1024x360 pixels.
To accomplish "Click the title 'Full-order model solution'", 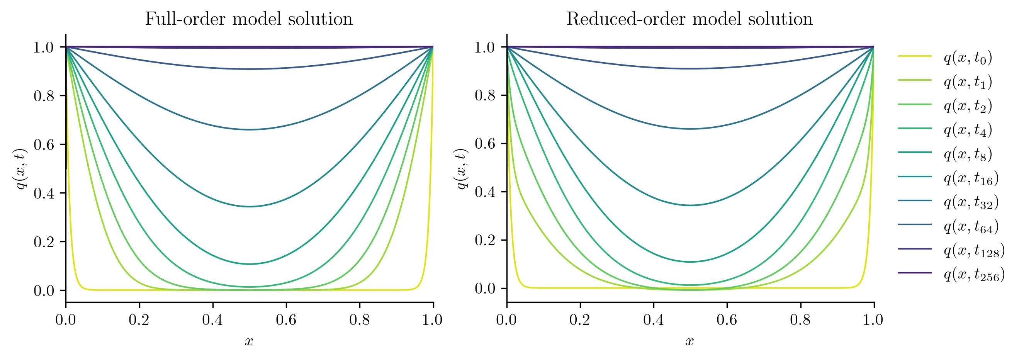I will coord(248,19).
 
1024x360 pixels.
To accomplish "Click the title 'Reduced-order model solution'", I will coord(689,19).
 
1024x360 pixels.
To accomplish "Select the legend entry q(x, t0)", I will coord(968,58).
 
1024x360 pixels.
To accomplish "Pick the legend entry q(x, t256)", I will coord(974,274).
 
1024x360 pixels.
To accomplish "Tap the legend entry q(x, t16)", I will coord(971,178).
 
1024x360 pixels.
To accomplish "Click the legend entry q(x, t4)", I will coord(968,129).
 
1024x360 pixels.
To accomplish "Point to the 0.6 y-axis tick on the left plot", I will coord(44,144).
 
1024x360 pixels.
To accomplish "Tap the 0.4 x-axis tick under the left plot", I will coord(212,319).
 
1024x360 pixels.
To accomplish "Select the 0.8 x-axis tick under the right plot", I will coord(800,319).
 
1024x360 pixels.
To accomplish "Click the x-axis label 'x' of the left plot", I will coord(249,341).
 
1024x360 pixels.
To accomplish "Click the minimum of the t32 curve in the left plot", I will coord(249,129).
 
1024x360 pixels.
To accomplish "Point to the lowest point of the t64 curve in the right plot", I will coord(690,69).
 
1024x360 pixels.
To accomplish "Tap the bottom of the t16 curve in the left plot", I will coord(249,207).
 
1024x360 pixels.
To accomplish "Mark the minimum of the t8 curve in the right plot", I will coord(690,262).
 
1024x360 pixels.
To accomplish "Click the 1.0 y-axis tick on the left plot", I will coord(44,47).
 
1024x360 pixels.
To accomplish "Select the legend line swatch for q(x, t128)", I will coord(915,249).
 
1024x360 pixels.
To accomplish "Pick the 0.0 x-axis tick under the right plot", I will coord(506,319).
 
